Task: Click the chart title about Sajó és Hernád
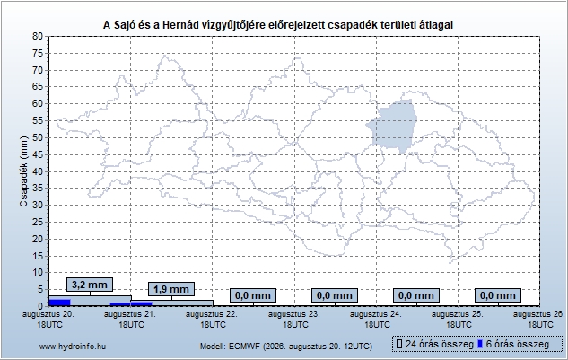[278, 24]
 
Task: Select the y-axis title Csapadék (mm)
[23, 171]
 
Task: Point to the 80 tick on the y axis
[38, 36]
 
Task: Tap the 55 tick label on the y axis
[38, 120]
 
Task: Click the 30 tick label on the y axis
[38, 206]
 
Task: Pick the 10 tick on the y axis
[38, 273]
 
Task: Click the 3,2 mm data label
[90, 285]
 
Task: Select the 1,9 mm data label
[171, 289]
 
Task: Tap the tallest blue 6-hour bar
[59, 303]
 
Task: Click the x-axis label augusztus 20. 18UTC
[48, 320]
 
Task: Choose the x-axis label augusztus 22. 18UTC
[213, 320]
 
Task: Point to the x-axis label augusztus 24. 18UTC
[376, 320]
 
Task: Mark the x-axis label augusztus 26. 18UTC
[539, 320]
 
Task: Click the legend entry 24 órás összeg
[435, 344]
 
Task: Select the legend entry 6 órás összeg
[513, 344]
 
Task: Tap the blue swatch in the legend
[480, 344]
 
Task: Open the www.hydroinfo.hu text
[73, 347]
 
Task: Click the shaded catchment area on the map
[393, 126]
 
